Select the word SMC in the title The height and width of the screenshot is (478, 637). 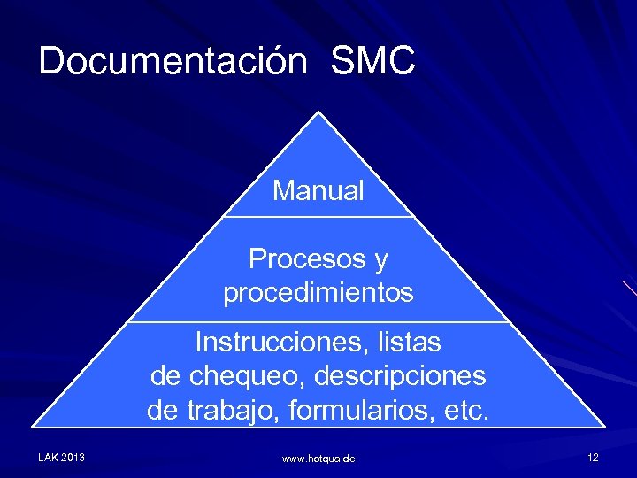click(x=372, y=61)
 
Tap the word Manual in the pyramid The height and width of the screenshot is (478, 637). click(x=318, y=190)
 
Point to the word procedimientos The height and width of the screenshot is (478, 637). click(x=318, y=293)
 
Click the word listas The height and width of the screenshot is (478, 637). click(x=408, y=341)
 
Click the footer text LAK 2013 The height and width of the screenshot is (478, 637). click(x=61, y=458)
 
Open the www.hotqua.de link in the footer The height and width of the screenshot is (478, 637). click(x=318, y=459)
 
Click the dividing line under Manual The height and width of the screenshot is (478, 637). click(x=318, y=217)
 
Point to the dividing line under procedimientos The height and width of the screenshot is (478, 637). click(x=318, y=321)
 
